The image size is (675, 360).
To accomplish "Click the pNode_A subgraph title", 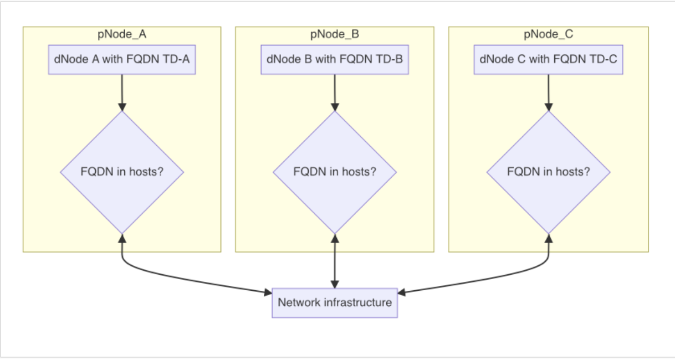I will click(x=121, y=34).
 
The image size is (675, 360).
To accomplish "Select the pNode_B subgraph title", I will click(x=334, y=34).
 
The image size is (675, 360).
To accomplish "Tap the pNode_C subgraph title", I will click(x=548, y=34).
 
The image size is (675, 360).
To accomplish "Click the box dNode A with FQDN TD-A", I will click(x=121, y=59).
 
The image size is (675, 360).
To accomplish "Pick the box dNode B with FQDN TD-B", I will click(x=334, y=59).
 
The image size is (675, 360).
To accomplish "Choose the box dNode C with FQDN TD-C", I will click(x=548, y=59).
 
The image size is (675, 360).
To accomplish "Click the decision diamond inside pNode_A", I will click(x=121, y=172).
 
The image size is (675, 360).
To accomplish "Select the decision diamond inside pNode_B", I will click(x=334, y=172).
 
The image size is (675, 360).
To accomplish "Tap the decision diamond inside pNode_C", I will click(x=548, y=172).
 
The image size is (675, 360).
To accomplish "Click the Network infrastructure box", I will click(x=334, y=302).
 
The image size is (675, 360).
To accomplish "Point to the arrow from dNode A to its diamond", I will click(x=121, y=91).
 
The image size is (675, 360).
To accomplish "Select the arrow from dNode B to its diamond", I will click(x=334, y=91).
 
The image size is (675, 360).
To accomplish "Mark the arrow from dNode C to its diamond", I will click(x=548, y=91).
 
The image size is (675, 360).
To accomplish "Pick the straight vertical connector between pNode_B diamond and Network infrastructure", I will click(x=334, y=260).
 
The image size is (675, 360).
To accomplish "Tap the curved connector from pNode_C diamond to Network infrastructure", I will click(x=499, y=280).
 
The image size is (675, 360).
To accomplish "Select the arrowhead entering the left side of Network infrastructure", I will click(x=268, y=291).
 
